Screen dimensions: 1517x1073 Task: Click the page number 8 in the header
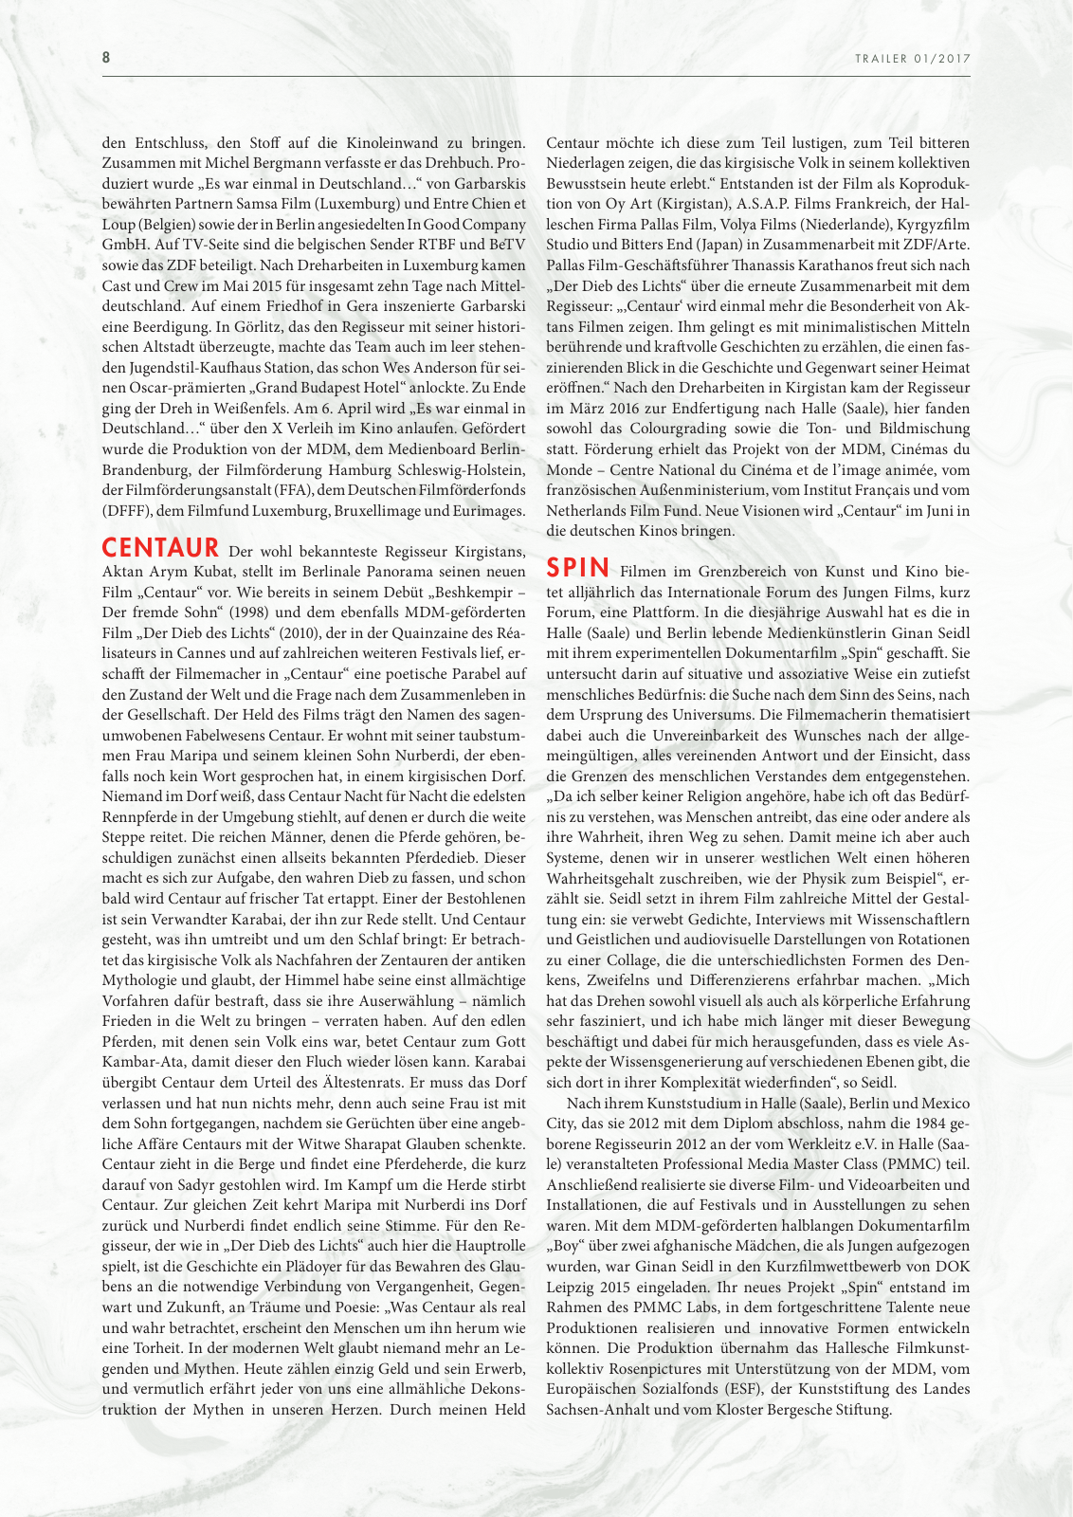(106, 57)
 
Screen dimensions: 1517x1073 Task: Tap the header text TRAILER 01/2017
(913, 59)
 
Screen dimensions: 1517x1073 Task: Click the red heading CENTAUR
(161, 548)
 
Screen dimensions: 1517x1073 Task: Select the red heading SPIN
(578, 568)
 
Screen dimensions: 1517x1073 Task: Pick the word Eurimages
(490, 511)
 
